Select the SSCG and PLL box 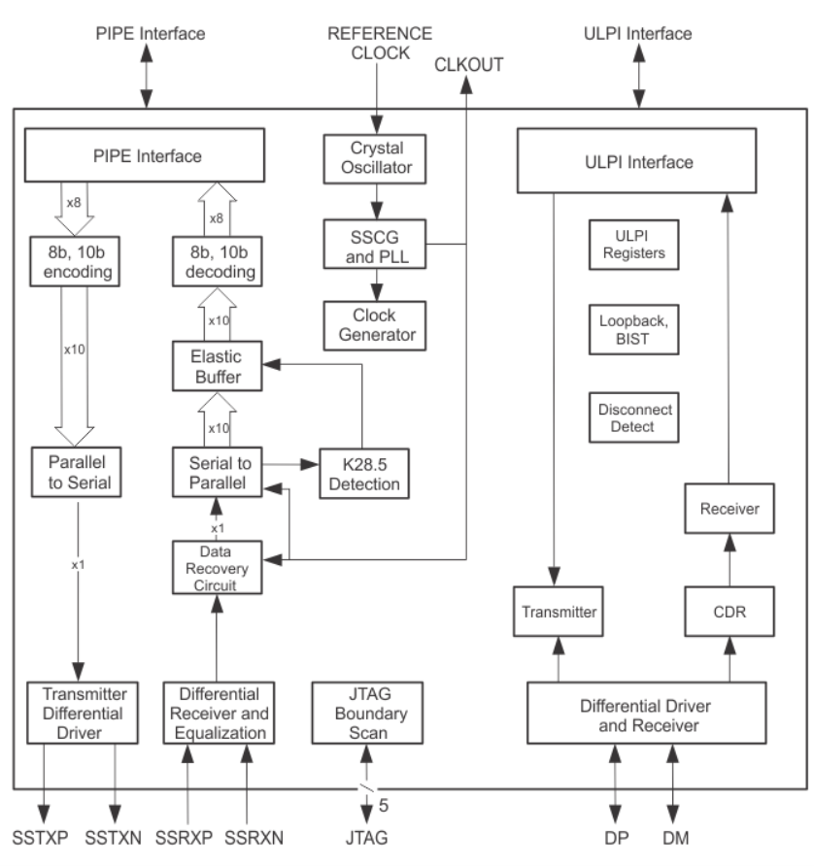(x=375, y=243)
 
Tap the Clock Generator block (x=375, y=323)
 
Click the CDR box (x=728, y=613)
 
